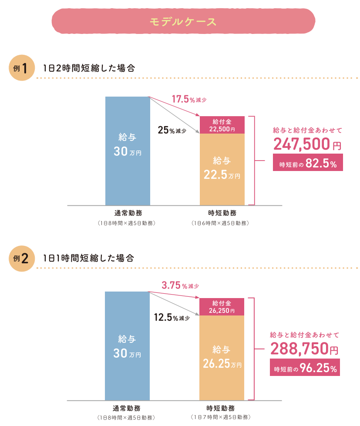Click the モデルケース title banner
coord(183,21)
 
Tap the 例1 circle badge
coord(21,68)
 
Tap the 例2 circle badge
coord(21,258)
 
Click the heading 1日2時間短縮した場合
coord(89,68)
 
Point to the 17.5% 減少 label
coord(188,100)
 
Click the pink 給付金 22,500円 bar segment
coord(222,125)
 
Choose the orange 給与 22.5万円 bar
coord(222,169)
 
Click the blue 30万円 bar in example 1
coord(128,150)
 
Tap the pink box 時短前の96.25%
coord(305,369)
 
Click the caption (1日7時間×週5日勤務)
coord(221,417)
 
